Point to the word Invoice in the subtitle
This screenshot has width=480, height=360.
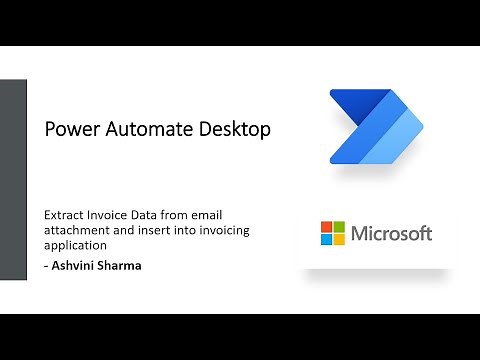coord(109,215)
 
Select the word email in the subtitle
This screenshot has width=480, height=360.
coord(229,215)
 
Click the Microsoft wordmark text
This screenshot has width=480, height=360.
coord(391,234)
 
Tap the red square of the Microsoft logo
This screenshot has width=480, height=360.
coord(326,227)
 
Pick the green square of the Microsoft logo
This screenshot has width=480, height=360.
coord(339,227)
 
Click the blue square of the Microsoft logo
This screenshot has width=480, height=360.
coord(326,240)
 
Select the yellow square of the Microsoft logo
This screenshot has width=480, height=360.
coord(339,240)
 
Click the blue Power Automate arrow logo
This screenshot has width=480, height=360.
coord(376,128)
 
